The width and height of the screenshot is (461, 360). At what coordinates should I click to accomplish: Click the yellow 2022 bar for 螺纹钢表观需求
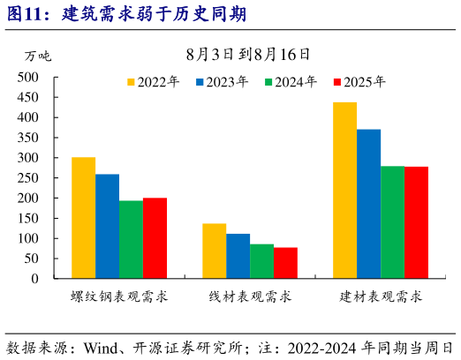(83, 218)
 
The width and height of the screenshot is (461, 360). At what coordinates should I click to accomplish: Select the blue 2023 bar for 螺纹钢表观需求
(107, 227)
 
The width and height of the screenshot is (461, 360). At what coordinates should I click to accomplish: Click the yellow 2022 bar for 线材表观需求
(214, 251)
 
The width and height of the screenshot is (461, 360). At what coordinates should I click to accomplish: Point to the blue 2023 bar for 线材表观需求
(238, 257)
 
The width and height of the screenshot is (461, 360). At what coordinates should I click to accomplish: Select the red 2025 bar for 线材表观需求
(285, 263)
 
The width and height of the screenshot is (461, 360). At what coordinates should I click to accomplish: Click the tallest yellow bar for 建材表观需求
(344, 191)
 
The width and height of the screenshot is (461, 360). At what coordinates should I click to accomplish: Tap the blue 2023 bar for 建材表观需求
(368, 204)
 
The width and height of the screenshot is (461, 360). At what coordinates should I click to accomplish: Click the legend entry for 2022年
(159, 82)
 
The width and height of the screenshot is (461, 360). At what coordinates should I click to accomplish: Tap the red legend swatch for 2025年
(336, 82)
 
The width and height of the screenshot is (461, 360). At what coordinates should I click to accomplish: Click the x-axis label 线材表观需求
(250, 297)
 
